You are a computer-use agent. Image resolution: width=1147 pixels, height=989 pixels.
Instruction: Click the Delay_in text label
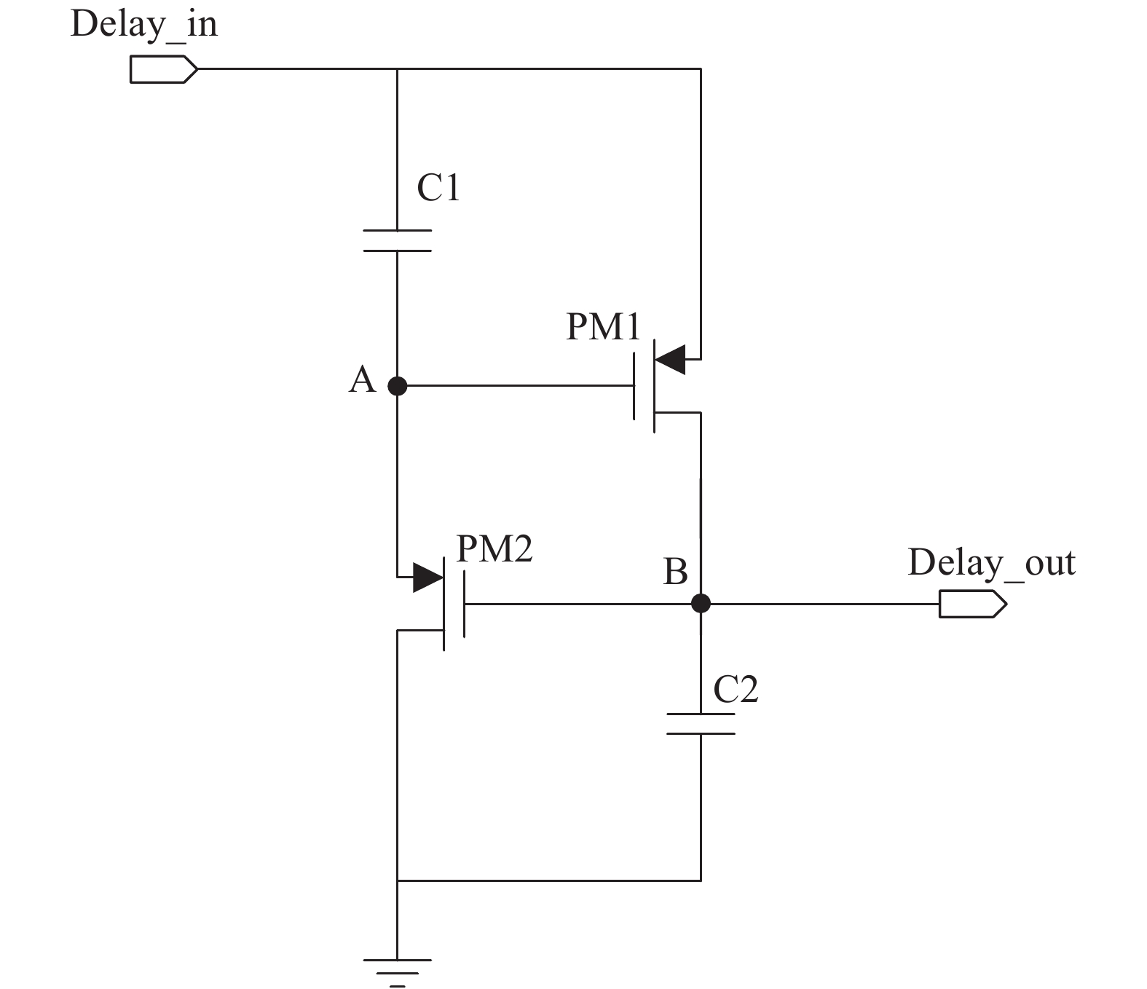tap(143, 25)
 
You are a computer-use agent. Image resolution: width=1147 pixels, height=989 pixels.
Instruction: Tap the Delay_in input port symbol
tap(164, 69)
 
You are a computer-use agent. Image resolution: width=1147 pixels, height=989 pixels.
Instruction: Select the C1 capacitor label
tap(438, 187)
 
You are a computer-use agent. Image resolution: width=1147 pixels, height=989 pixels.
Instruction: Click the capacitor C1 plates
tap(398, 241)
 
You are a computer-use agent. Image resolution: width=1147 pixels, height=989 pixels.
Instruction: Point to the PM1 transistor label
tap(603, 326)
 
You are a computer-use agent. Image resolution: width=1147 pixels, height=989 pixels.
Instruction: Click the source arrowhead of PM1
tap(670, 359)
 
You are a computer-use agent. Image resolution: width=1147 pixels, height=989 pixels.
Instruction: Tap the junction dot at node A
tap(398, 386)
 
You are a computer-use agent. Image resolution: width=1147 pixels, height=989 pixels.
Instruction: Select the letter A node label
tap(362, 379)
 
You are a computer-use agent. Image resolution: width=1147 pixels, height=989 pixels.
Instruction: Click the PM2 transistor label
tap(494, 549)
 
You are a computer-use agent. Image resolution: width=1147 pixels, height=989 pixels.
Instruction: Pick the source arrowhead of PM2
tap(428, 578)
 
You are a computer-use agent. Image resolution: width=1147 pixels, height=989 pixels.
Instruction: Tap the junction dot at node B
tap(701, 603)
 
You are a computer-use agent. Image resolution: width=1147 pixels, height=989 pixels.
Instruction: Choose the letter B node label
tap(675, 572)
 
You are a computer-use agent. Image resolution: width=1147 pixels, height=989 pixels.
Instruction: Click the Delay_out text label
tap(992, 563)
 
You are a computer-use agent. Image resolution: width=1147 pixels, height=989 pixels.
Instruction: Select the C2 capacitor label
tap(736, 689)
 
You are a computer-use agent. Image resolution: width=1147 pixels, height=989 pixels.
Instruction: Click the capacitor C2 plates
tap(701, 724)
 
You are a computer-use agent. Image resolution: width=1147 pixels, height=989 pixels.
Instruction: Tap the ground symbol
tap(398, 973)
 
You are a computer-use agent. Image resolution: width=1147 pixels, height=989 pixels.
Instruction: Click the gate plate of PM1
tap(634, 386)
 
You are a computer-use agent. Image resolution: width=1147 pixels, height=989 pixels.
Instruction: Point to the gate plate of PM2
tap(463, 604)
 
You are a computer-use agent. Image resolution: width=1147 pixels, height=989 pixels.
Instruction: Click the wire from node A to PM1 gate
tap(516, 386)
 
